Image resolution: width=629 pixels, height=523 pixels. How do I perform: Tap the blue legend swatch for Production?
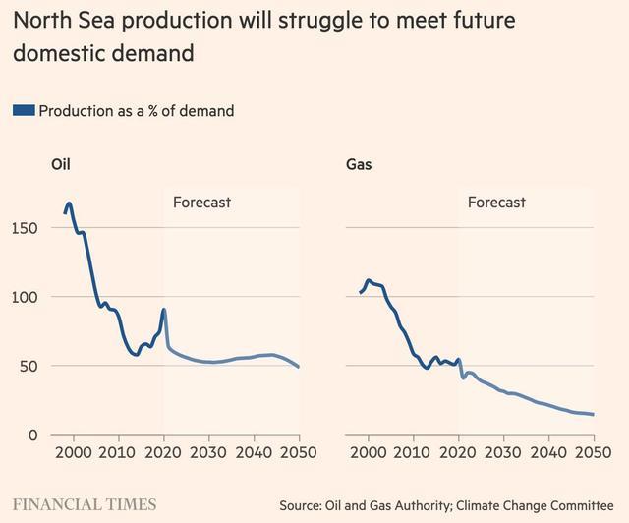coord(23,111)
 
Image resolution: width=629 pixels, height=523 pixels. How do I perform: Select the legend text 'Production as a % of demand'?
coord(137,111)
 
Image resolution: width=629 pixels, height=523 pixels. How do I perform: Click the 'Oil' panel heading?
coord(61,165)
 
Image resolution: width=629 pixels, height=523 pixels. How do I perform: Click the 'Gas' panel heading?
coord(359,165)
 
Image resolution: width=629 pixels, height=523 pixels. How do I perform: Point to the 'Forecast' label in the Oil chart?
coord(201,203)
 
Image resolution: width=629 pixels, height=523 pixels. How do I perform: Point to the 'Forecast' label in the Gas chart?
coord(496,203)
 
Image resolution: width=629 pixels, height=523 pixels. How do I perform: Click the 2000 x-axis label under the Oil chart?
coord(74,452)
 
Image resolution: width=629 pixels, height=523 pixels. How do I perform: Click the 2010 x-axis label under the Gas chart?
coord(414,452)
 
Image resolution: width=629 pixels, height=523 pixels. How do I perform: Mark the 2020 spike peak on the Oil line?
coord(163,311)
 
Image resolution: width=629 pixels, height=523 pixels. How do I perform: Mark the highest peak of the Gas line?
coord(369,280)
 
